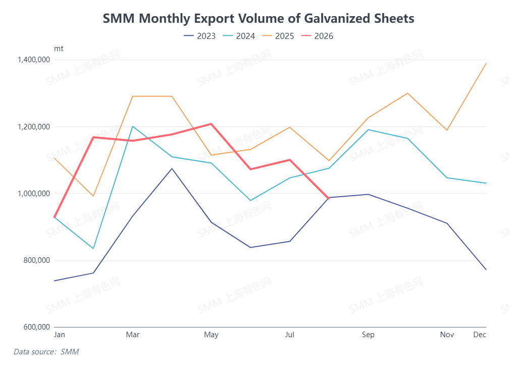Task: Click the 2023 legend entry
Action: (199, 36)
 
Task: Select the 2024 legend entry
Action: (239, 36)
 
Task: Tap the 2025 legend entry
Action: (278, 36)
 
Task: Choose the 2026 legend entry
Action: (317, 36)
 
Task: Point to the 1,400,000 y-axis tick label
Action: (34, 60)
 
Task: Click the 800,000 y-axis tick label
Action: (36, 260)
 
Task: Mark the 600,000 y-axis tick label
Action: (36, 327)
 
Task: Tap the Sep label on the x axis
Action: (368, 335)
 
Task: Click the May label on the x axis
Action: (211, 335)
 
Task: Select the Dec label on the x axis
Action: (480, 335)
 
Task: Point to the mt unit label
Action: (59, 49)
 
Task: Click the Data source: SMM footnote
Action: (46, 352)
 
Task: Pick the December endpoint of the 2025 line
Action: (486, 63)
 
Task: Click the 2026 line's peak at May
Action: (211, 124)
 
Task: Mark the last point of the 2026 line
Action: (328, 198)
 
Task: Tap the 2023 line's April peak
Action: (172, 169)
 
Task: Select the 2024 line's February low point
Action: (93, 249)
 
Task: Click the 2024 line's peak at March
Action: (133, 126)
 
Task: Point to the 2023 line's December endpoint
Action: (486, 269)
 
